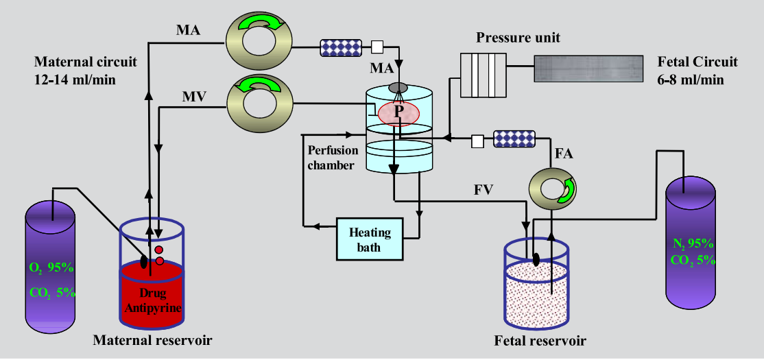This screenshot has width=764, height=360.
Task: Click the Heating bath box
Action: pos(370,239)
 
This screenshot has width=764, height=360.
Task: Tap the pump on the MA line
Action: pos(260,40)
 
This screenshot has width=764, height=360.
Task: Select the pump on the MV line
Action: pos(260,104)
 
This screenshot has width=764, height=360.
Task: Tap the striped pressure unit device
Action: pos(483,75)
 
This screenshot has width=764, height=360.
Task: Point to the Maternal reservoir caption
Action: pos(152,339)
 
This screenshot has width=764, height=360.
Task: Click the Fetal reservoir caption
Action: pos(540,341)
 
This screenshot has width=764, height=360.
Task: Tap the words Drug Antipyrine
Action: pos(153,302)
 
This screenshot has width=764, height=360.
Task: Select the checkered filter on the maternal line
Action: pos(341,47)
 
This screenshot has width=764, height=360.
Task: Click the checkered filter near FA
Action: pos(515,139)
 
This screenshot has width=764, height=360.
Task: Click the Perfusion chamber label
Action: pos(331,157)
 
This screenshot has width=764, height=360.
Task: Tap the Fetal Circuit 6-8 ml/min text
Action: pos(697,70)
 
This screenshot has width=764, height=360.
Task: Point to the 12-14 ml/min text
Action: pos(75,79)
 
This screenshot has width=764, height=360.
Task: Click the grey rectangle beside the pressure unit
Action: pos(589,70)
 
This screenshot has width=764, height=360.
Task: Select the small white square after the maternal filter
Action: pos(377,47)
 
